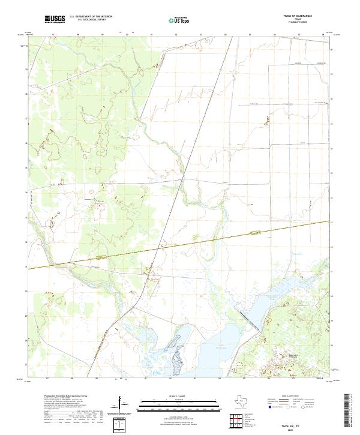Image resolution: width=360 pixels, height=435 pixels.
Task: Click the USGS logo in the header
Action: click(x=55, y=20)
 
